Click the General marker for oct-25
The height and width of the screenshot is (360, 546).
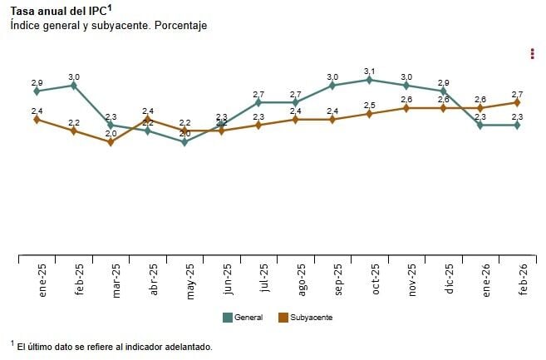tap(369, 80)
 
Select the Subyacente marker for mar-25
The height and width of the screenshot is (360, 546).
tap(111, 142)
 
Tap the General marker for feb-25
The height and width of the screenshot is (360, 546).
tap(74, 86)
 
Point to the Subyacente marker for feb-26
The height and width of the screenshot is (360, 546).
tap(517, 103)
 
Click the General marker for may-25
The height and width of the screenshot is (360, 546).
tap(184, 142)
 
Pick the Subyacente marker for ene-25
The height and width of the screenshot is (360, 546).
tap(37, 120)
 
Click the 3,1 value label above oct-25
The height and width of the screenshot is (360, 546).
tap(369, 71)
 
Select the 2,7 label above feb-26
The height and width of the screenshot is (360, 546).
tap(517, 94)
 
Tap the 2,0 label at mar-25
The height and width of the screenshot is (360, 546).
tap(111, 133)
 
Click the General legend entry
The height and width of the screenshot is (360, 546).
tap(243, 317)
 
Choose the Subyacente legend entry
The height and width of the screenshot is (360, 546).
tap(305, 317)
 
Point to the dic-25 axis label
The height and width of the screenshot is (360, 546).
tap(450, 279)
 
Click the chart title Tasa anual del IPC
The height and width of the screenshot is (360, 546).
tap(60, 11)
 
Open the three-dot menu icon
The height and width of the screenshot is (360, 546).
tap(532, 54)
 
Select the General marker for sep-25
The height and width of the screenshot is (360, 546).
tap(332, 86)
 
